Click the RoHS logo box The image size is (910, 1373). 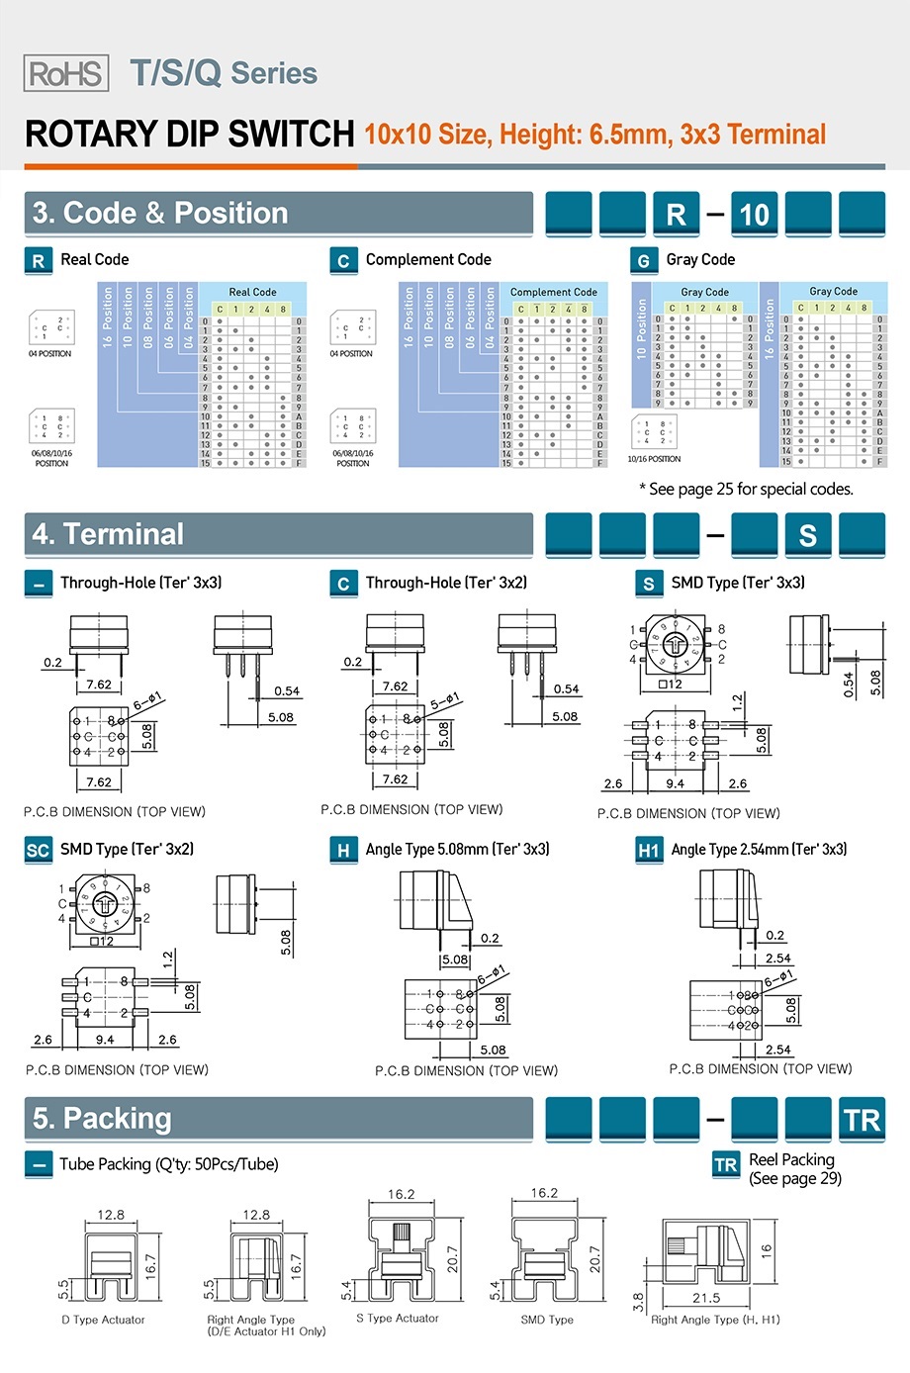point(65,73)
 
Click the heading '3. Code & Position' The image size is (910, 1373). point(160,214)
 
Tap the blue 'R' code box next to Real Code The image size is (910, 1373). point(38,261)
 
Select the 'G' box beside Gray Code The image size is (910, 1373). point(644,261)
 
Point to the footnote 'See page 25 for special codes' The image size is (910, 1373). point(746,489)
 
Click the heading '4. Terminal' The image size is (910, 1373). point(108,535)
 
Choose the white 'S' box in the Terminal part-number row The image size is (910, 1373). point(808,535)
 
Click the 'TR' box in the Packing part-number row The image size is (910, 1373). point(862,1121)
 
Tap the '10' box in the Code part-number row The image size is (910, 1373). point(754,215)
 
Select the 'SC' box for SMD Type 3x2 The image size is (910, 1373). point(38,851)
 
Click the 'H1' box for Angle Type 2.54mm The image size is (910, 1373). point(649,851)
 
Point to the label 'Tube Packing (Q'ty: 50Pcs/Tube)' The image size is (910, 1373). point(168,1164)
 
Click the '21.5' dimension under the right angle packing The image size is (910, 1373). point(706,1298)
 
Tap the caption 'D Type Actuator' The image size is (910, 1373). point(103,1320)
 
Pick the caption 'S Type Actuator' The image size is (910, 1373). point(398,1318)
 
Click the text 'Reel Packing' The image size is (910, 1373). point(791,1159)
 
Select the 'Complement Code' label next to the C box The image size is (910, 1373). point(428,260)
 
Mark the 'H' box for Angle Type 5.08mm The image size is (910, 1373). point(343,851)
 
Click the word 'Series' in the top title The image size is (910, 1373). point(274,73)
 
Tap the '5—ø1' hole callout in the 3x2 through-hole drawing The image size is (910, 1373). point(447,701)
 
